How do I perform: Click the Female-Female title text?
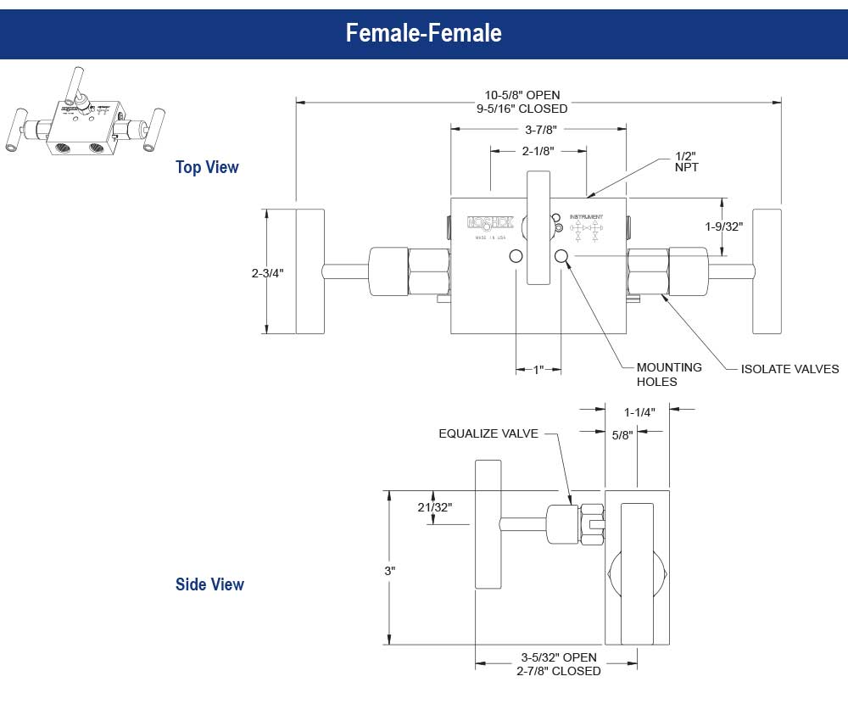point(423,33)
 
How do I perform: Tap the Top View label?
point(207,167)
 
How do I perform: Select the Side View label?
point(209,584)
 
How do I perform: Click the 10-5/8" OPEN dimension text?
point(522,95)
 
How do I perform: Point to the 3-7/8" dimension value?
point(539,129)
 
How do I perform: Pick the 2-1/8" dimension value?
point(538,151)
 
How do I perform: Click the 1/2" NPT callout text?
point(686,161)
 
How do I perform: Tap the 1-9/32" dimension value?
point(723,226)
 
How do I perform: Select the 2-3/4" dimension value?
point(267,273)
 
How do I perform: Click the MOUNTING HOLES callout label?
point(669,374)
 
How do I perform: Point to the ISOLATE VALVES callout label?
point(789,369)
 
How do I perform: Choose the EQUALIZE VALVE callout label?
point(488,433)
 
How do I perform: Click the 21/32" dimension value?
point(435,507)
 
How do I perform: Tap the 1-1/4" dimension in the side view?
point(639,412)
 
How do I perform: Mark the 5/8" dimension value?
point(622,435)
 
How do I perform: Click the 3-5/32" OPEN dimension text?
point(558,657)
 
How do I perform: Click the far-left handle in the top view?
point(310,271)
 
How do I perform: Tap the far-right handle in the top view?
point(767,271)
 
